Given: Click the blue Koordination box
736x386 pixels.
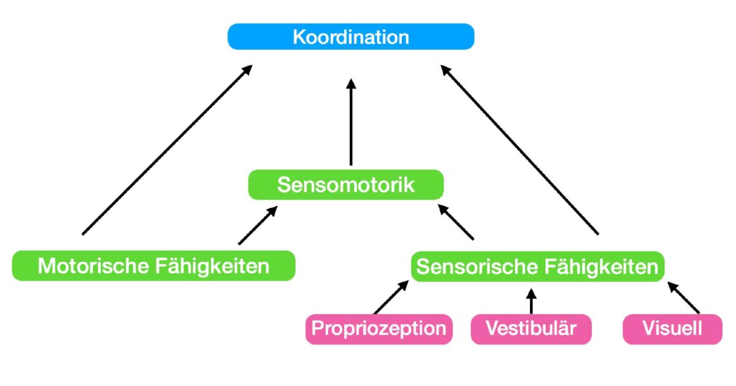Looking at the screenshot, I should coord(351,37).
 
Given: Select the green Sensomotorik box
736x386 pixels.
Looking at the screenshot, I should coord(345,185).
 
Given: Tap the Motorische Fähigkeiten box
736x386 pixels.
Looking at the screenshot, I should coord(153,266).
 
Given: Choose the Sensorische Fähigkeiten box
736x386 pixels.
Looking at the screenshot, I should coord(537,267).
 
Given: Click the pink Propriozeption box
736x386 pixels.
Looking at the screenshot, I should coord(378,328).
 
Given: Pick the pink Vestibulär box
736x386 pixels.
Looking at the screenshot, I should coord(531,328).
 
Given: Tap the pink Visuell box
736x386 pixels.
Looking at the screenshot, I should coord(672,328).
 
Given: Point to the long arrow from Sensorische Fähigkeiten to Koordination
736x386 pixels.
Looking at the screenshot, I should coord(520,151).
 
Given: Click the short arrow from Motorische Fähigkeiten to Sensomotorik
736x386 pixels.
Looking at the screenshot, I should coord(258,225).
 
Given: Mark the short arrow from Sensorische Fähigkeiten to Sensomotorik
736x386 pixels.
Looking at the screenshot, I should coord(456,222).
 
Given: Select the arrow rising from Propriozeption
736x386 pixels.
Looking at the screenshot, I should coord(391,298).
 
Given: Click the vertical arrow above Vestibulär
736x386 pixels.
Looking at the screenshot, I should coord(531,301).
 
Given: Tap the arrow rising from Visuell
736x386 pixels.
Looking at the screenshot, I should coord(683,298).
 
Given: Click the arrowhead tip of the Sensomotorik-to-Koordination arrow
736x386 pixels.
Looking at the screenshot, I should coord(351,80).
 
